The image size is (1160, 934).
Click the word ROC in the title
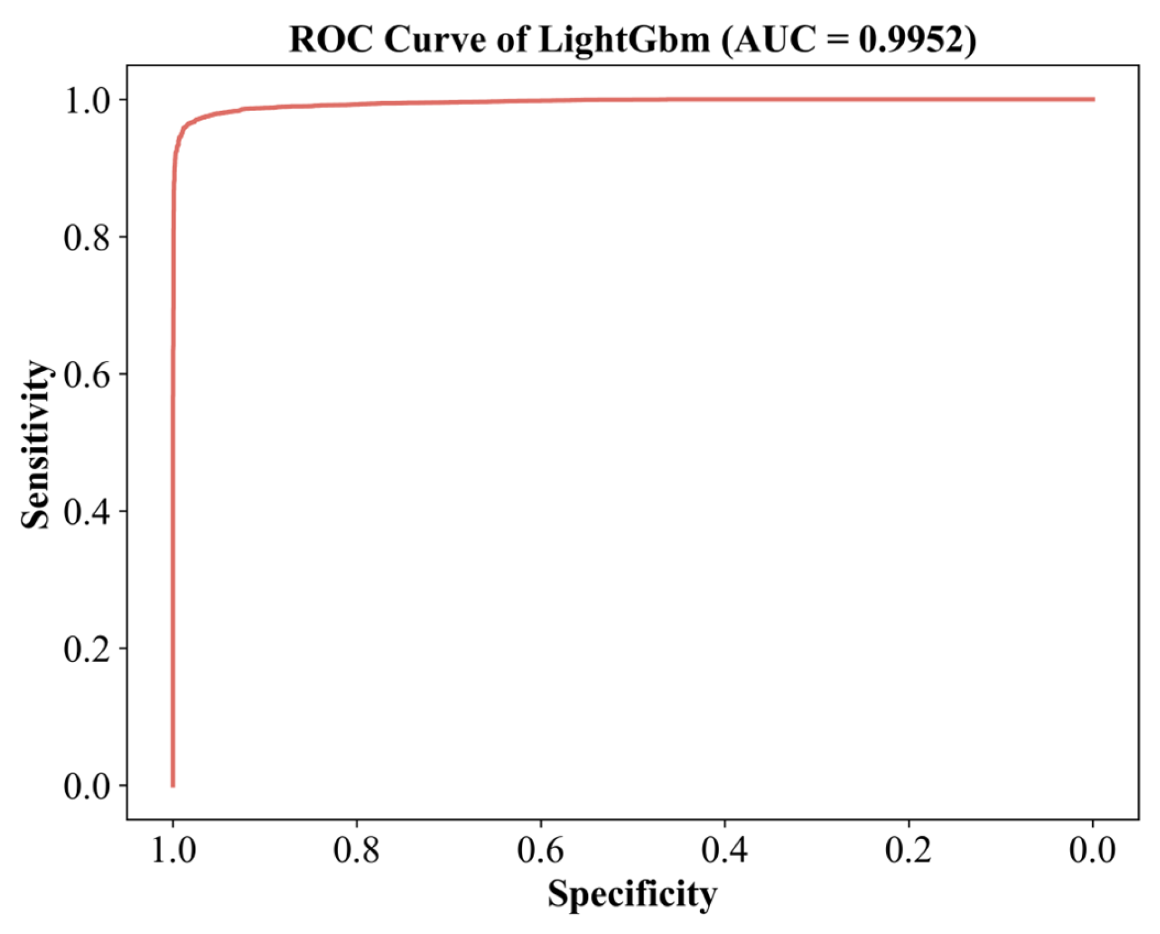(331, 40)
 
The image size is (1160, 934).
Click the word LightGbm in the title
(624, 40)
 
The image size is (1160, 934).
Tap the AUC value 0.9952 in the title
(910, 40)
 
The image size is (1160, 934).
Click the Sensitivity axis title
(35, 445)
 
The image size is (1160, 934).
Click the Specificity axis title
(632, 894)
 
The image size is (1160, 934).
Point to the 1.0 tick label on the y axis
(87, 101)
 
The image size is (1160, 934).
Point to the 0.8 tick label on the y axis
(87, 238)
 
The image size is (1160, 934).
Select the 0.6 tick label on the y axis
(87, 375)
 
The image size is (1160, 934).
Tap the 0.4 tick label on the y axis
(87, 511)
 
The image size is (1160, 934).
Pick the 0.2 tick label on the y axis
(87, 648)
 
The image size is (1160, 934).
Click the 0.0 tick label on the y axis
(87, 785)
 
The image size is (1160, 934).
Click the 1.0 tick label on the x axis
(173, 850)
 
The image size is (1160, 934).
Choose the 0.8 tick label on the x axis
(356, 850)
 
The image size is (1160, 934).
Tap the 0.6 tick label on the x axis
(540, 850)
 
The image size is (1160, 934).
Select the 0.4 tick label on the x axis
(724, 850)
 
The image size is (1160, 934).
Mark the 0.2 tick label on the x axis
(908, 850)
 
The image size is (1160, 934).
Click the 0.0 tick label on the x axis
(1092, 850)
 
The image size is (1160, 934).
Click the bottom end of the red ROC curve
(173, 785)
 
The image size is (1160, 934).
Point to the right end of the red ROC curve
(1093, 99)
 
